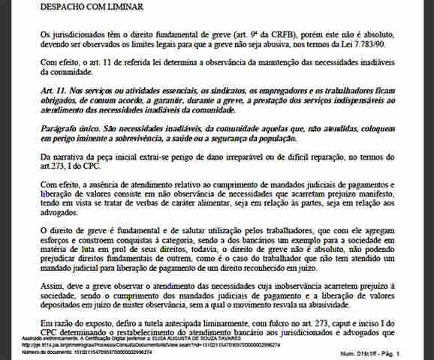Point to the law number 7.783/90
(386, 43)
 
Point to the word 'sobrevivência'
(170, 138)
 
